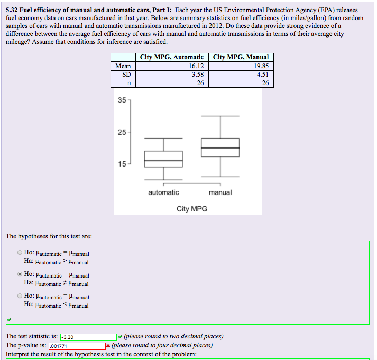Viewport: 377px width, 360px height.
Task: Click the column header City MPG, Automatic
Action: [x=171, y=57]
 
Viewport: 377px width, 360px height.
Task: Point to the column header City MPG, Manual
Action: [x=241, y=57]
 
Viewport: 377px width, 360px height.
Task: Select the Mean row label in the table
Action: [x=123, y=66]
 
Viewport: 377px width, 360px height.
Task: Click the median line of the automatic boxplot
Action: [x=163, y=161]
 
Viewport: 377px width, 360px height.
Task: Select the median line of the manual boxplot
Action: [x=220, y=148]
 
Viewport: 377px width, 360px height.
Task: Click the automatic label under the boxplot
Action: [x=163, y=192]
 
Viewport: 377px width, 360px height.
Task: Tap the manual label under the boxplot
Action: [x=220, y=192]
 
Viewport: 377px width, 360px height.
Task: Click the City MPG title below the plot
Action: [x=192, y=209]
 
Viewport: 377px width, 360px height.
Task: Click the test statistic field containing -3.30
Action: [x=88, y=337]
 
